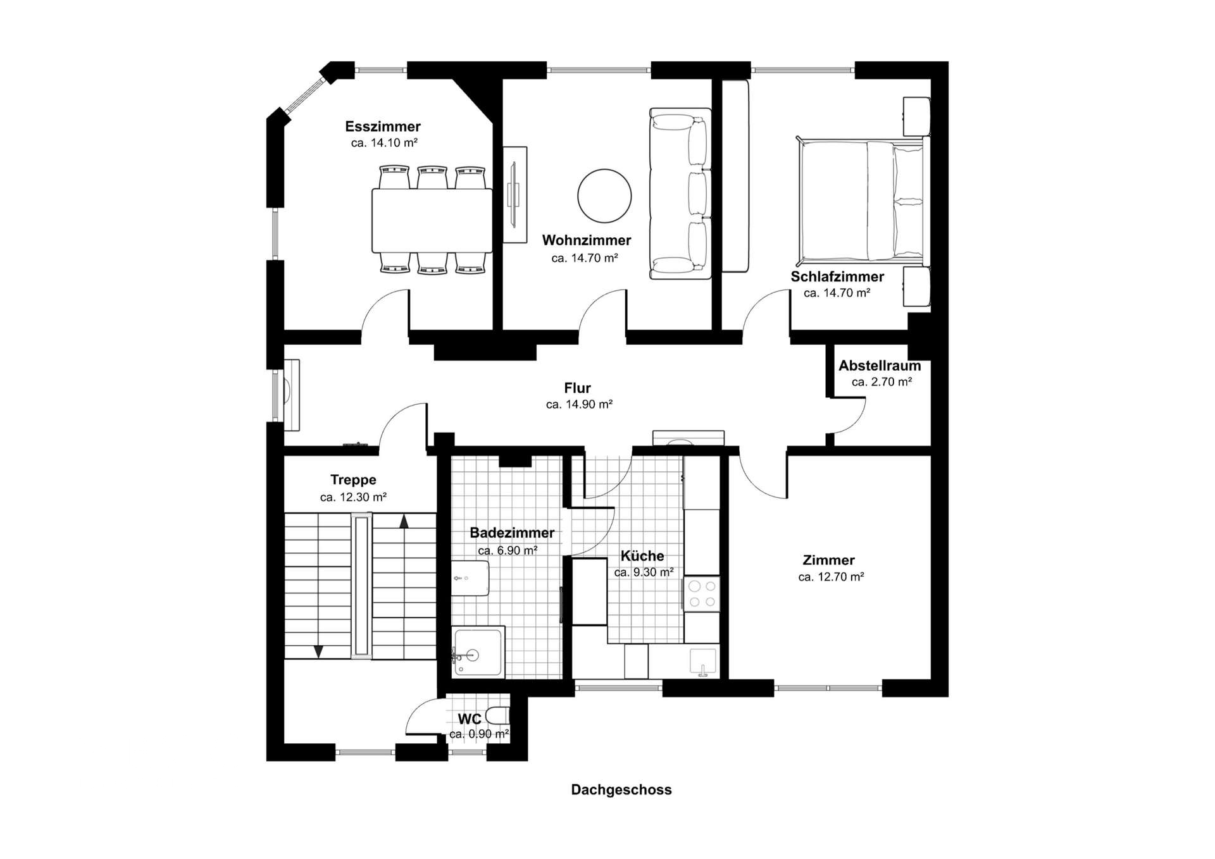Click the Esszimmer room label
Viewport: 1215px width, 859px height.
pos(383,127)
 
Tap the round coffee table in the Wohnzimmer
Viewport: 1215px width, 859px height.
pos(604,195)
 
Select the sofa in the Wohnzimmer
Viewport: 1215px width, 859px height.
pos(681,194)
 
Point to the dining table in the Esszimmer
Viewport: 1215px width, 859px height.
pos(432,221)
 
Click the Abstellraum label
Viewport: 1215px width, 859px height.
pos(880,366)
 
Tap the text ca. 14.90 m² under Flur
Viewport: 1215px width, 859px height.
pos(579,405)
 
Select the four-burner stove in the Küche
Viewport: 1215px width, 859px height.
pos(702,593)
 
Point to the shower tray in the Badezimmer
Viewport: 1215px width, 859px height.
pos(478,652)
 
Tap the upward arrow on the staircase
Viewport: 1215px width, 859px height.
pos(404,521)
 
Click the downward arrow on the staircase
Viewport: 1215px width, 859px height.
pos(319,651)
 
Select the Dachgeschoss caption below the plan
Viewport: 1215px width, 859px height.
pos(621,790)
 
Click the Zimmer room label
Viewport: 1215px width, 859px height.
pos(828,560)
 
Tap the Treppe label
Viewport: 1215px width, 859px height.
pos(353,480)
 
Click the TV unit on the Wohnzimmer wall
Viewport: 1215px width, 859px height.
pos(514,194)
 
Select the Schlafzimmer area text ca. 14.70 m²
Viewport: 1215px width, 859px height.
pos(837,294)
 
